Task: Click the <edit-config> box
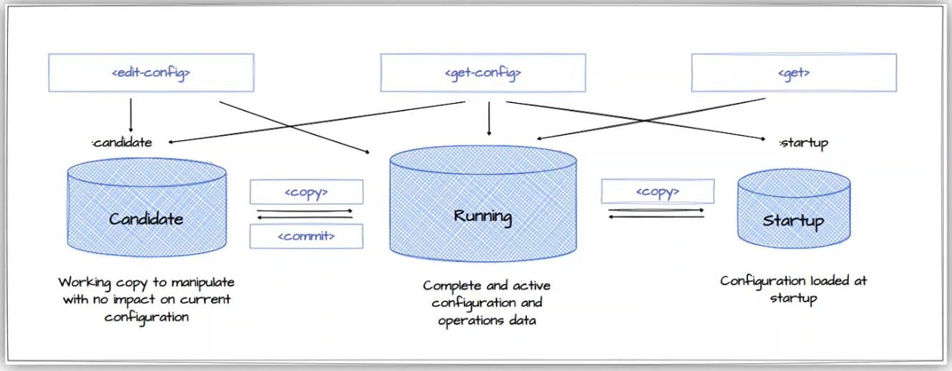(x=151, y=72)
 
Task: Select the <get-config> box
(x=483, y=72)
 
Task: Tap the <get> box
(x=793, y=72)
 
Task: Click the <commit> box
(x=306, y=236)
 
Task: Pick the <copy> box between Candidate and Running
(x=306, y=192)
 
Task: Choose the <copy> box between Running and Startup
(x=657, y=192)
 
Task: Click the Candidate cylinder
(x=146, y=207)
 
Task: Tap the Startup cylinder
(x=794, y=211)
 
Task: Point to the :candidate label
(x=122, y=142)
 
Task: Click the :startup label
(x=804, y=143)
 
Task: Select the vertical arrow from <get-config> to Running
(x=489, y=118)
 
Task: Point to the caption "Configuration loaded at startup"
(x=793, y=290)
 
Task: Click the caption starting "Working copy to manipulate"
(x=147, y=300)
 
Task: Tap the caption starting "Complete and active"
(x=487, y=303)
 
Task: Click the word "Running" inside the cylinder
(x=483, y=215)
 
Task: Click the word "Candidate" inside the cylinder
(x=146, y=219)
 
